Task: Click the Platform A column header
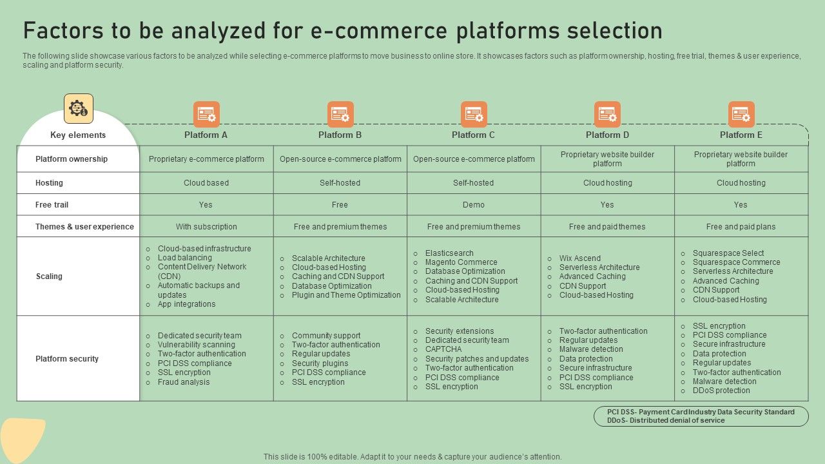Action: (206, 135)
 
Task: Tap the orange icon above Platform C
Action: (474, 114)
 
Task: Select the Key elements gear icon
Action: (79, 109)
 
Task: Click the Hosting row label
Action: (49, 183)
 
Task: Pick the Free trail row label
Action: (52, 205)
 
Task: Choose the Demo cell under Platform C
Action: (474, 205)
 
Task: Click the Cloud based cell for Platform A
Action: (206, 183)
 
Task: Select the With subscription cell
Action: (206, 227)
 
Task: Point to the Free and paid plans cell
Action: (741, 227)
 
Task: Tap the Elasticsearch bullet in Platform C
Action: (449, 253)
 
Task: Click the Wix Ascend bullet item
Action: (579, 258)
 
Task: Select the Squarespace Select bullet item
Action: (728, 253)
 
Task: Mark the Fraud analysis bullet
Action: (184, 382)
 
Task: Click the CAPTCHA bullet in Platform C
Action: (443, 349)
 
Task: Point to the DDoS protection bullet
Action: (721, 391)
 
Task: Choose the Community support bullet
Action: (326, 336)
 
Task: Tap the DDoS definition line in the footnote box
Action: (666, 421)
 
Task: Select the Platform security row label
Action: (67, 359)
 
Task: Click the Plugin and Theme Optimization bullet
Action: (346, 295)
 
